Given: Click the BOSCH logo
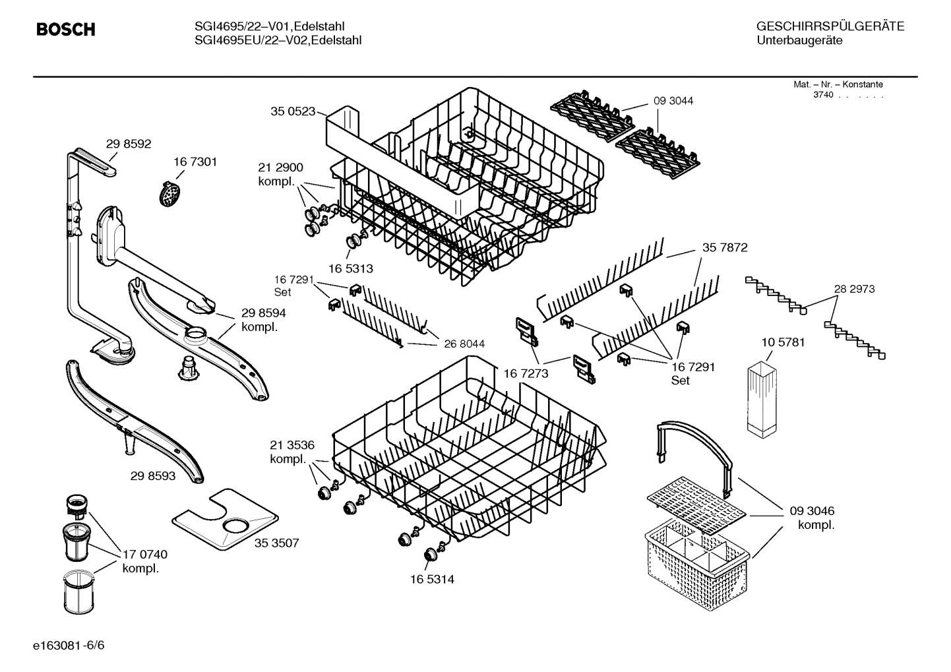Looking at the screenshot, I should [65, 30].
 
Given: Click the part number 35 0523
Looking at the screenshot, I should [293, 111].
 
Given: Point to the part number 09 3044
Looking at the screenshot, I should [673, 101].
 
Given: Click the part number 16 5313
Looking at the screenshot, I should [350, 268].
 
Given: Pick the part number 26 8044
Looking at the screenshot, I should [464, 344].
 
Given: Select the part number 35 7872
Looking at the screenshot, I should [725, 248].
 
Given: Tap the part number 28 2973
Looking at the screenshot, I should [854, 289].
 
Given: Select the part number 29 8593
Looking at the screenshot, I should [153, 475].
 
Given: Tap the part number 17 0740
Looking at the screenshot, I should [145, 554].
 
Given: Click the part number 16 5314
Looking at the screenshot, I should [432, 579].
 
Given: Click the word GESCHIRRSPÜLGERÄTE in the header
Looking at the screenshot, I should [830, 26].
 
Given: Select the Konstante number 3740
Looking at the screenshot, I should [823, 95].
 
